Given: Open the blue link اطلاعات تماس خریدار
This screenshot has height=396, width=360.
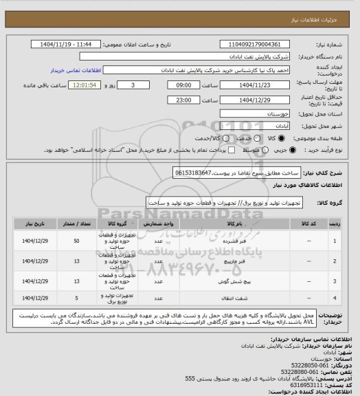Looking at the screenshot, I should pos(77,70).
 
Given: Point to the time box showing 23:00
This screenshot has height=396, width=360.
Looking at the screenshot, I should pos(184,100).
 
